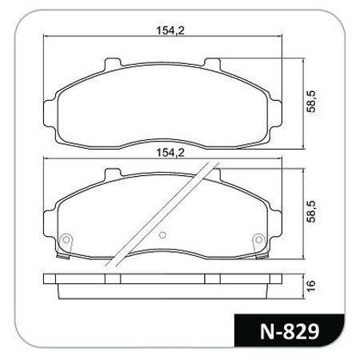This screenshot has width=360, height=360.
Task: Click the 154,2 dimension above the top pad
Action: click(170, 30)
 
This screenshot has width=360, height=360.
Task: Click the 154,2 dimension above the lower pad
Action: click(170, 153)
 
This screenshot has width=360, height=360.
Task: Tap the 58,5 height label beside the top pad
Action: click(311, 102)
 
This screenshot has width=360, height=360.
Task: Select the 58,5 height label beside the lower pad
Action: click(311, 211)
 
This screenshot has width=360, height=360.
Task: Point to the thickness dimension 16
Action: click(311, 286)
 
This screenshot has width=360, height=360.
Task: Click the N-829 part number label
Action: click(290, 331)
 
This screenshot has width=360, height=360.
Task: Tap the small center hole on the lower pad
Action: click(162, 235)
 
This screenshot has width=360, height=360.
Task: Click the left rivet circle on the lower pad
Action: click(66, 239)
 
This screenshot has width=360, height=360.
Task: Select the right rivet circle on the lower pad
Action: click(258, 239)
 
